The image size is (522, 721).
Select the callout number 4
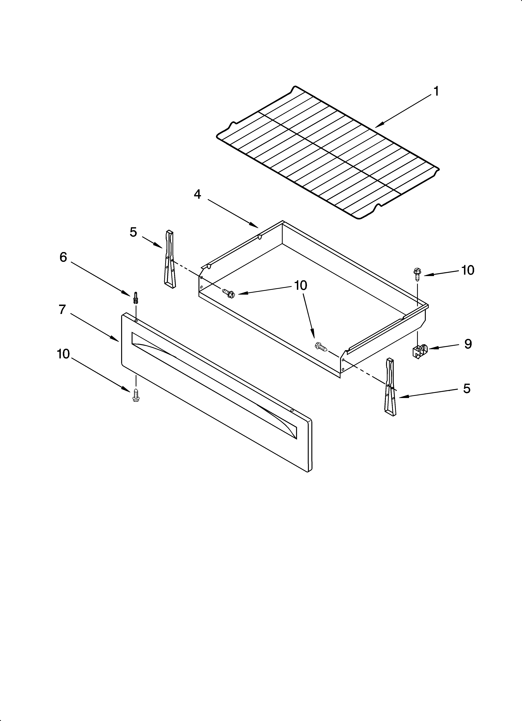click(x=197, y=194)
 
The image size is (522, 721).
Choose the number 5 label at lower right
click(x=466, y=388)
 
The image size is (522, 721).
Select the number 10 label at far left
click(x=63, y=354)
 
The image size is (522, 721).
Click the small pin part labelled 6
click(x=136, y=298)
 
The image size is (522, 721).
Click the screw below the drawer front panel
click(x=136, y=395)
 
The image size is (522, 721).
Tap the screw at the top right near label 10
click(x=416, y=274)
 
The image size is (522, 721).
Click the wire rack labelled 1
click(x=327, y=153)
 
